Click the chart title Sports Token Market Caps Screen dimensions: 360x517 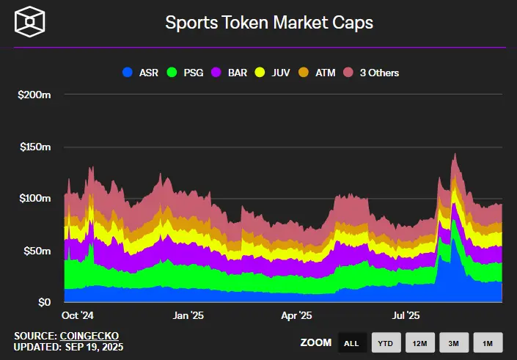pyautogui.click(x=269, y=23)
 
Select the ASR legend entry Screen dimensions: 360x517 pyautogui.click(x=142, y=73)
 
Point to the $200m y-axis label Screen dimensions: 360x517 pyautogui.click(x=34, y=95)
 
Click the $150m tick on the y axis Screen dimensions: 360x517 pyautogui.click(x=34, y=147)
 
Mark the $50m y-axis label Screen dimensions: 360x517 pyautogui.click(x=37, y=251)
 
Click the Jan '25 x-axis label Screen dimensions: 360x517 pyautogui.click(x=187, y=315)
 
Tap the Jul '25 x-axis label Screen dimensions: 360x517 pyautogui.click(x=406, y=315)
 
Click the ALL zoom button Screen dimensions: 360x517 pyautogui.click(x=351, y=342)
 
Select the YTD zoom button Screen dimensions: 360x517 pyautogui.click(x=385, y=342)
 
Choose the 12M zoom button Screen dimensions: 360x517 pyautogui.click(x=419, y=342)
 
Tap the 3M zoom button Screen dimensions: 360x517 pyautogui.click(x=454, y=342)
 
